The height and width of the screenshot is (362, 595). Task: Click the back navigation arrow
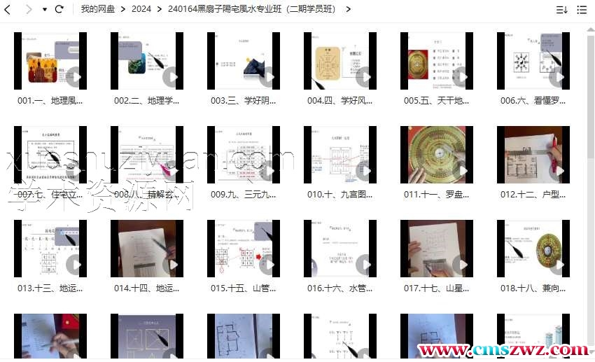[x=8, y=9]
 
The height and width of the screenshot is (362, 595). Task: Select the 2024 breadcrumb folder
[x=141, y=9]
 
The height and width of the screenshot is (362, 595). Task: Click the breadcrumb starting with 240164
[x=251, y=9]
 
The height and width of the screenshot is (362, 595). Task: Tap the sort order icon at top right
[x=561, y=10]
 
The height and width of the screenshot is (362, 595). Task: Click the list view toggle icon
[x=582, y=10]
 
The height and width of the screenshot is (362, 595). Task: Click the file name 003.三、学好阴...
[x=243, y=101]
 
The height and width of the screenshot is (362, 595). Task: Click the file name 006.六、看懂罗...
[x=533, y=101]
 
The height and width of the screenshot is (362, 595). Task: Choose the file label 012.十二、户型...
[x=533, y=195]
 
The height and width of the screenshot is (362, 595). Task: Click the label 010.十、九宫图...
[x=339, y=195]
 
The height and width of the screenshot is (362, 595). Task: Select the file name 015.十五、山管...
[x=243, y=288]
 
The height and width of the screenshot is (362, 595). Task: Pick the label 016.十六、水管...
[x=339, y=288]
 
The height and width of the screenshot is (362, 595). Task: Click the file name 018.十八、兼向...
[x=533, y=288]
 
